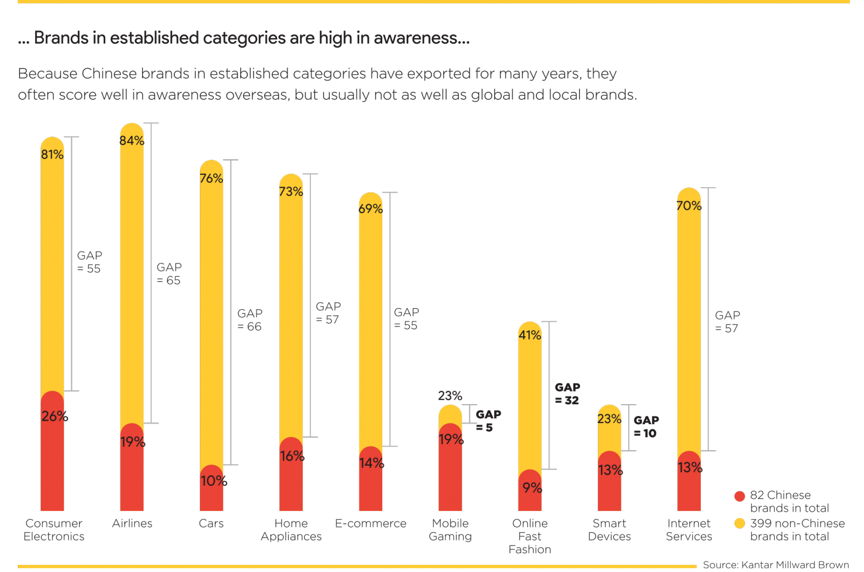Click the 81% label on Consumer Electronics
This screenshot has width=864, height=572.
coord(52,155)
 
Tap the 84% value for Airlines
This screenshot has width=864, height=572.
coord(132,141)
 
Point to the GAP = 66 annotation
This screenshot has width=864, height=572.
coord(249,320)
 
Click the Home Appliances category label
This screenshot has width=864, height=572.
coord(291,530)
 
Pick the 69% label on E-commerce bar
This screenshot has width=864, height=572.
coord(370,209)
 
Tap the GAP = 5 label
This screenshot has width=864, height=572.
coord(488,421)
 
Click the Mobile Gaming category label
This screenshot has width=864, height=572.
coord(450,530)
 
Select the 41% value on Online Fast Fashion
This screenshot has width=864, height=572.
coord(530,335)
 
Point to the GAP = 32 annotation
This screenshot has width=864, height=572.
coord(567,394)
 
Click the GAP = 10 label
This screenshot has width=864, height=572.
coord(646,427)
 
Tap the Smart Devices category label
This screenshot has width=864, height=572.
coord(609,530)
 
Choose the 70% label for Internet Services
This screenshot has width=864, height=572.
coord(688,206)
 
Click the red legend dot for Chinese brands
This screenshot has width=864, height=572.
coord(740,496)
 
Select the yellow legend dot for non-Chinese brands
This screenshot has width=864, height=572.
coord(740,523)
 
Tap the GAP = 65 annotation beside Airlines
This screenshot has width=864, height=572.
coord(169,274)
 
